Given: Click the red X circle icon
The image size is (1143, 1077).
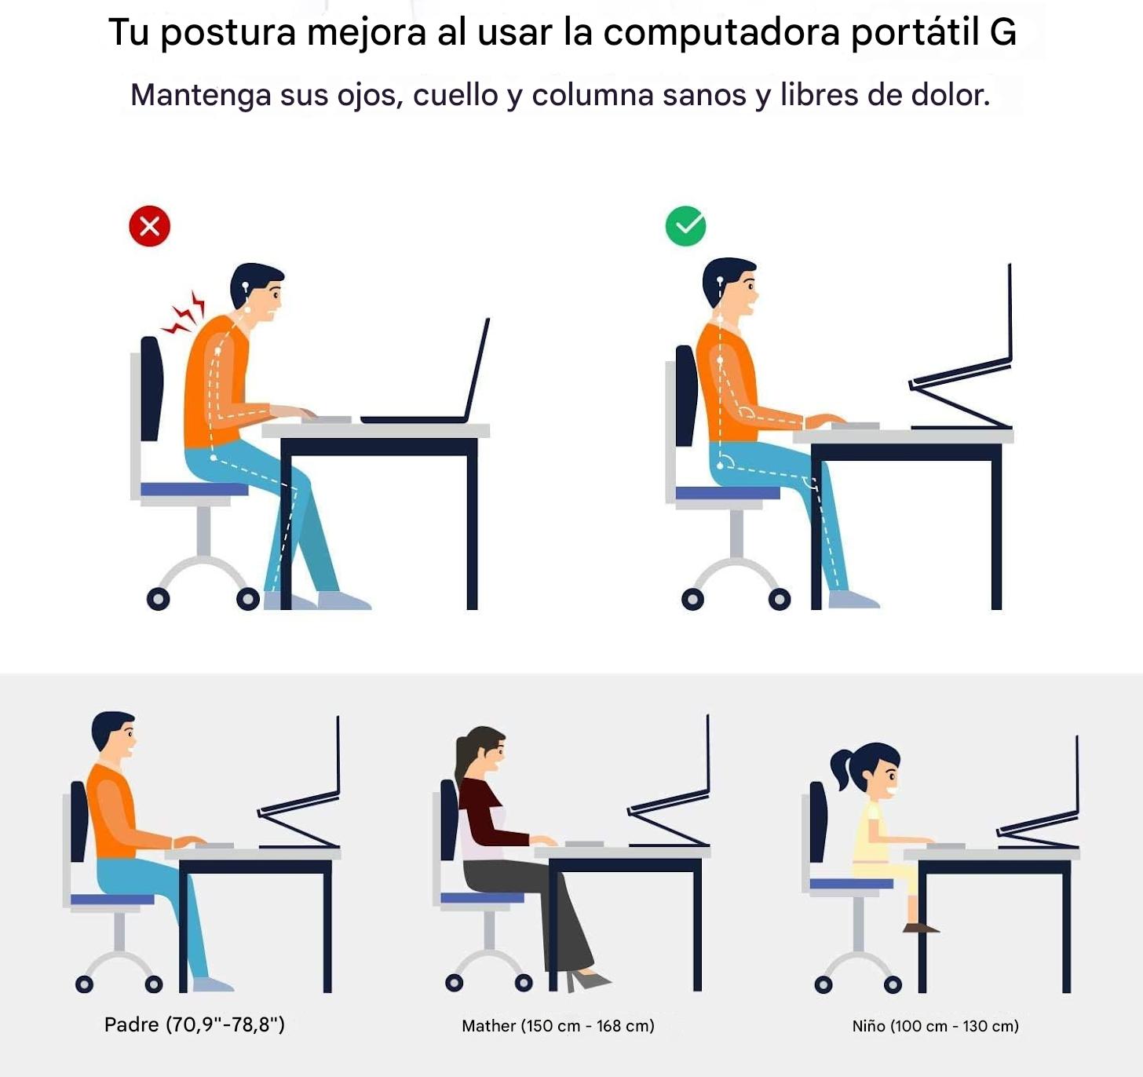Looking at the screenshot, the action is point(150,226).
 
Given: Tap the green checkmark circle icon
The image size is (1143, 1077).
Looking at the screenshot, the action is point(685,225).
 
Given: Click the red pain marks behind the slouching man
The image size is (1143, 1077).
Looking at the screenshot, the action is point(183,313).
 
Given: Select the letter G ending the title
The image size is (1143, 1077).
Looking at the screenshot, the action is point(1003,32).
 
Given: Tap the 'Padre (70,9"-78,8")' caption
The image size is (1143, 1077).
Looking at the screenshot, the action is point(195,1024).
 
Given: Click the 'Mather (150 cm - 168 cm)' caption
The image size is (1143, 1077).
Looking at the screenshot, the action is point(557,1026).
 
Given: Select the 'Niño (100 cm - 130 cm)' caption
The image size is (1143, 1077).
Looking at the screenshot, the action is point(935,1026).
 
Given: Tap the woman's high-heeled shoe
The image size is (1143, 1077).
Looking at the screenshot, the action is point(588,980).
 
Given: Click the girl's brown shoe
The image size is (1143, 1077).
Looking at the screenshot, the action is point(920,928).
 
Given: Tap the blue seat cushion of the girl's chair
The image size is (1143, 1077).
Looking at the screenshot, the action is point(851,884).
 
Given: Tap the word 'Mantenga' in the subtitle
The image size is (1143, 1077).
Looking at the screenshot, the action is point(200,96).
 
